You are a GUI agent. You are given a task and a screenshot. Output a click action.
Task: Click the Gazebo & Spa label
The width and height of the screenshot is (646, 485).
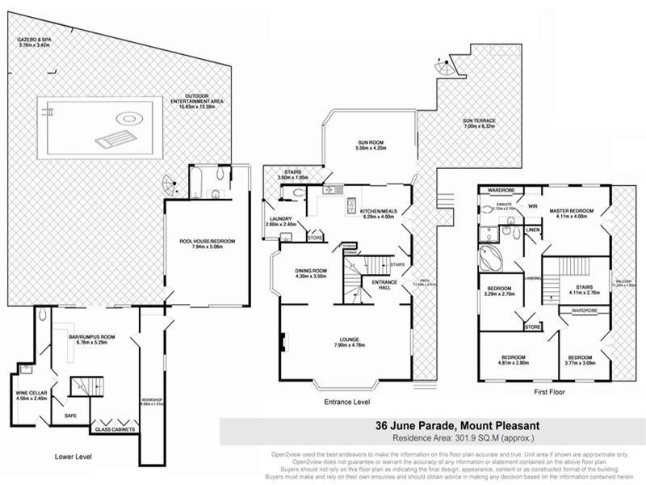35,42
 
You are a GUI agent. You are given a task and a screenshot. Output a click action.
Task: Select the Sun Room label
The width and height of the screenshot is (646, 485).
371,145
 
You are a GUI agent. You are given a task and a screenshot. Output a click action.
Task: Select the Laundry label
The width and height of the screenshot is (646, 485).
280,221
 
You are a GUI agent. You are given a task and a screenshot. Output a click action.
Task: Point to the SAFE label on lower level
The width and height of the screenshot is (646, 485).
59,416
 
